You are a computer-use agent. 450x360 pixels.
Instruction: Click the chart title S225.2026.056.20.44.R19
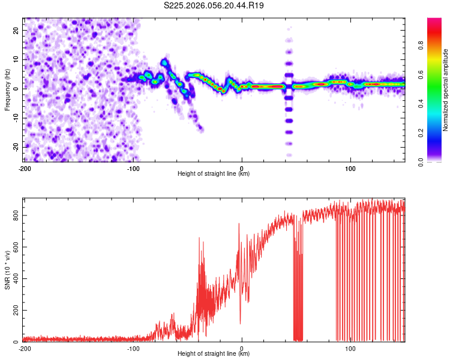point(214,6)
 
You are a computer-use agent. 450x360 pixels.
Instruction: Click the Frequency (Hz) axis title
point(7,89)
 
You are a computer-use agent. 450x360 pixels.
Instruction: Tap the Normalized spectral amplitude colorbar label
point(446,90)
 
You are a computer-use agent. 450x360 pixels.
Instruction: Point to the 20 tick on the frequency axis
point(16,30)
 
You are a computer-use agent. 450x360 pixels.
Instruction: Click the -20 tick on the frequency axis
point(15,147)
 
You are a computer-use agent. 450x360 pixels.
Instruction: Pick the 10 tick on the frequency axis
point(16,59)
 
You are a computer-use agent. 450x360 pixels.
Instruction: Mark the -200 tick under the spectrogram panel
point(25,168)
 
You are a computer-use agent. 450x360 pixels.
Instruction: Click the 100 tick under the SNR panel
point(350,348)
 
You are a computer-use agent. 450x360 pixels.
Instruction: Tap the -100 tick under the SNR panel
point(133,348)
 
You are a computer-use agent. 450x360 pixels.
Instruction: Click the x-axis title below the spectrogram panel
point(214,174)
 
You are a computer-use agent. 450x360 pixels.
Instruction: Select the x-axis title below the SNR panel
point(214,354)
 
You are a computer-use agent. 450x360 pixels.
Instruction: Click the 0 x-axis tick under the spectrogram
point(242,168)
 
